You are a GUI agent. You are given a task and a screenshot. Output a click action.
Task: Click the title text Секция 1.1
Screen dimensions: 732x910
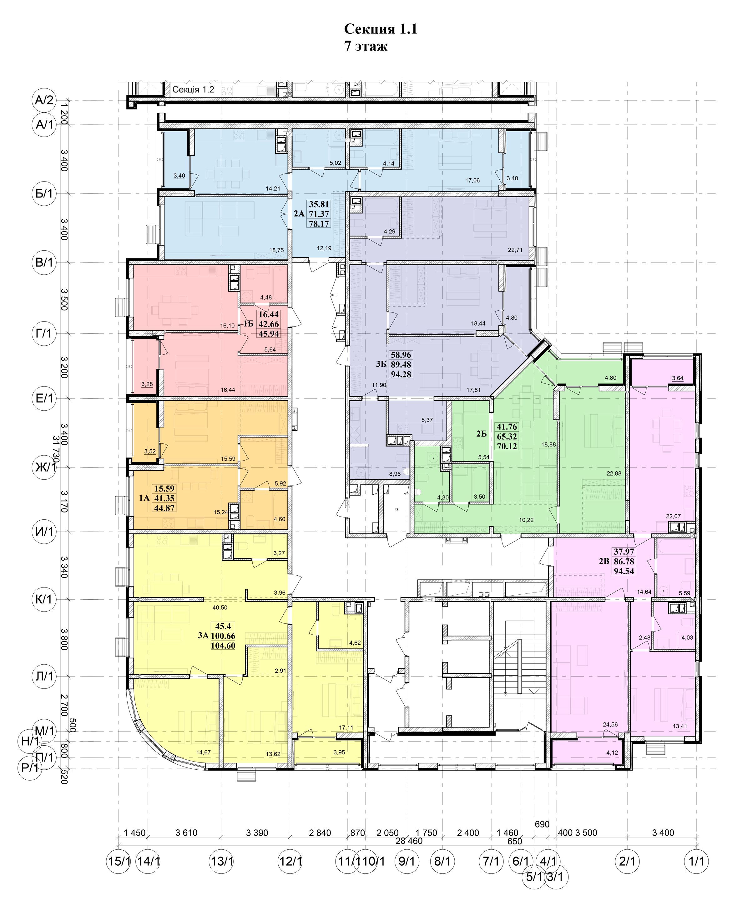pos(380,29)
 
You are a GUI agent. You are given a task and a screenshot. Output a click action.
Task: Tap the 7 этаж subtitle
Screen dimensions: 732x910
pos(366,46)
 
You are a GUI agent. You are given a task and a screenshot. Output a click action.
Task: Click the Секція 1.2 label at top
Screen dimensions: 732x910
pos(193,89)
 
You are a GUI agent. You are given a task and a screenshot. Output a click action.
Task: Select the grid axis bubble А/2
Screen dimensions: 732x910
pos(44,100)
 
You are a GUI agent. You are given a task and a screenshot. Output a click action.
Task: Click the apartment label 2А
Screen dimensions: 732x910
pos(299,214)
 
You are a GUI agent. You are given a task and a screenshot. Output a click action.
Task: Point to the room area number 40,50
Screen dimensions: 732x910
pos(220,608)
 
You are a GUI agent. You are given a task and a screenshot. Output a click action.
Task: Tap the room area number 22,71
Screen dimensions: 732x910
pos(515,250)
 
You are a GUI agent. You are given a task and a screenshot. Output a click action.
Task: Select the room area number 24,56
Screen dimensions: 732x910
pos(610,725)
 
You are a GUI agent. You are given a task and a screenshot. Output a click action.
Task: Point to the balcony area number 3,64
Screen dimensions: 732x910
pos(678,378)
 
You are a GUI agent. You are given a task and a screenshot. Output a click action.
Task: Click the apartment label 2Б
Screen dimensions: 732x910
pos(482,433)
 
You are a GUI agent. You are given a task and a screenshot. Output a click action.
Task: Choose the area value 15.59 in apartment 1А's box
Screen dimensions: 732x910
pos(164,488)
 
